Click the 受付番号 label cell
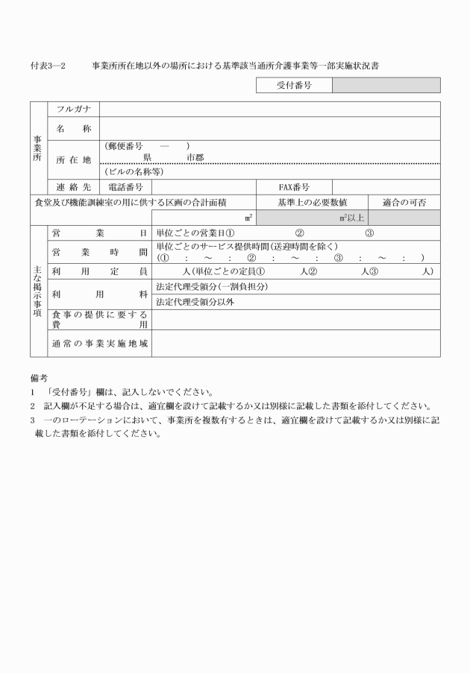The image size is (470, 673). (294, 86)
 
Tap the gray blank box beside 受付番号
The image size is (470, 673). (386, 86)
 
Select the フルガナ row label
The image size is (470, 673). (72, 110)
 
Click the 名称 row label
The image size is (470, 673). (72, 129)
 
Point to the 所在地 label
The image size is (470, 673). (72, 159)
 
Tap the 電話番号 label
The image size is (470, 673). (125, 187)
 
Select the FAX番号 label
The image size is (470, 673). (294, 187)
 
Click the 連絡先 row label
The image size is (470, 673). (72, 187)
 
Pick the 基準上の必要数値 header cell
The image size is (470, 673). (312, 202)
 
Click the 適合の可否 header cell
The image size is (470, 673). (404, 202)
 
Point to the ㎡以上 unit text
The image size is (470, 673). (351, 218)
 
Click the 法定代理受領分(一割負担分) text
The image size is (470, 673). (211, 287)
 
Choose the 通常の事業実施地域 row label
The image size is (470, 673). (99, 344)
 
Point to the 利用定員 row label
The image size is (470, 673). (99, 271)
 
